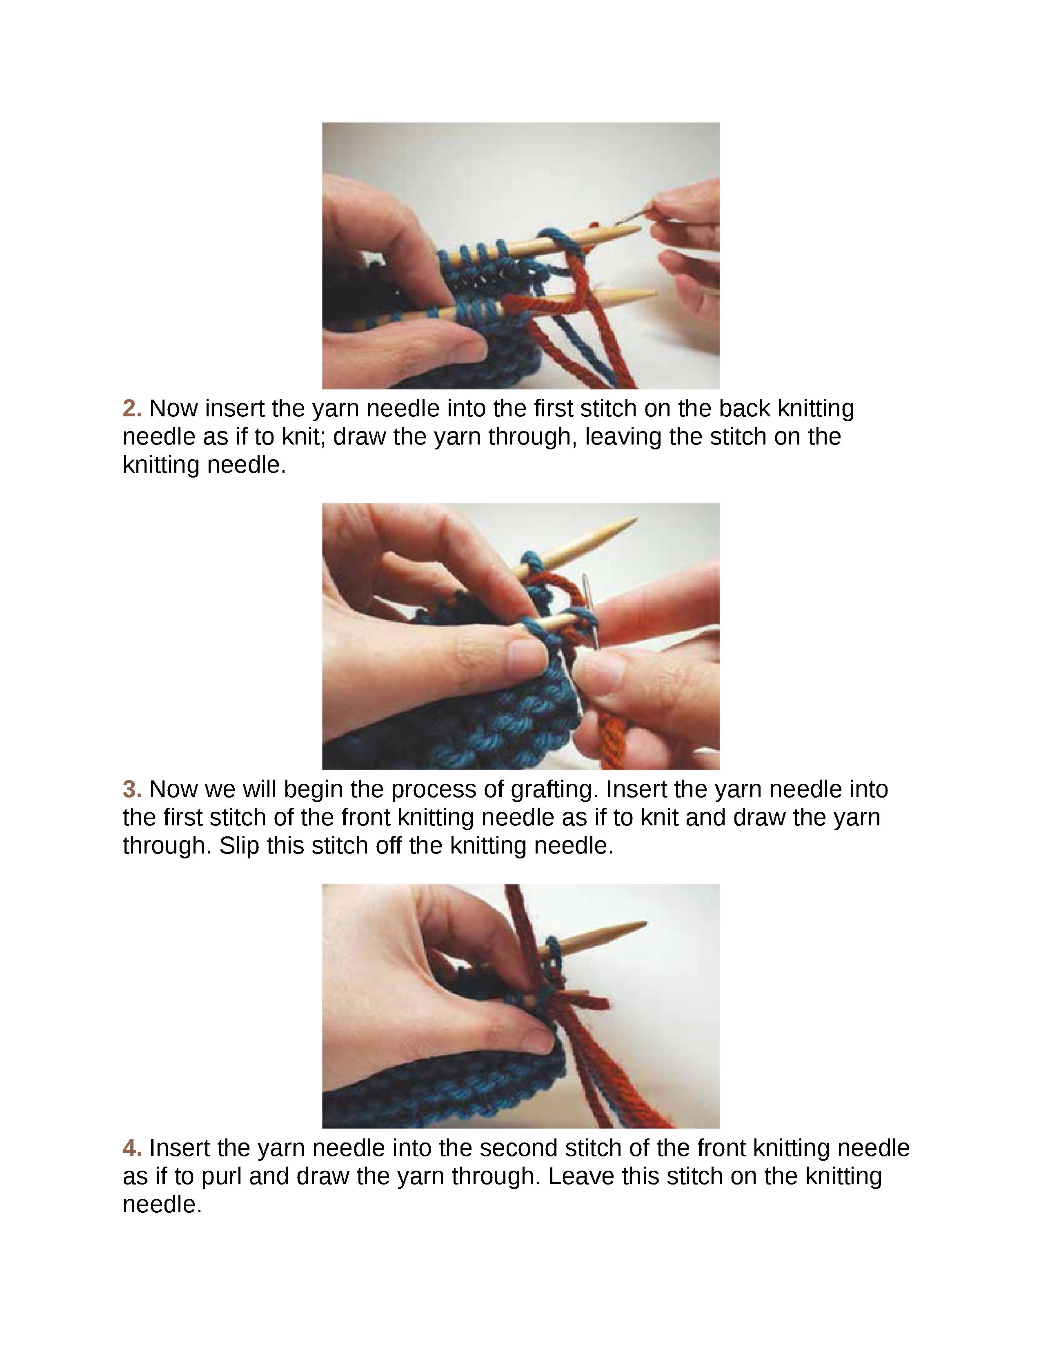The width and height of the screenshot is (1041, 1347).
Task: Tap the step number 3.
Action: point(132,789)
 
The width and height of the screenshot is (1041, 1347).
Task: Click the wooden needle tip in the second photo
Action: point(636,519)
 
